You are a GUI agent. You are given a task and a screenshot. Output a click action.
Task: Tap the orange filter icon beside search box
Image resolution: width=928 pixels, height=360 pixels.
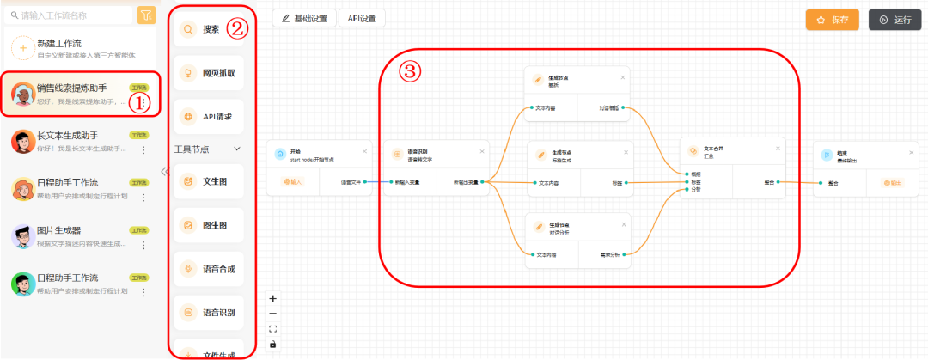point(146,15)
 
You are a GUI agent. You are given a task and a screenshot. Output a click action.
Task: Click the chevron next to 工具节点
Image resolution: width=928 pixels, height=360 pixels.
point(238,149)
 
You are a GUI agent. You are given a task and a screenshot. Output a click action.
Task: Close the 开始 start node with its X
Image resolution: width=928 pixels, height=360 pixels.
point(364,152)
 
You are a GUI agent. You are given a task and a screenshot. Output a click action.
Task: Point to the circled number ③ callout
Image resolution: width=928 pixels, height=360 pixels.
point(412,72)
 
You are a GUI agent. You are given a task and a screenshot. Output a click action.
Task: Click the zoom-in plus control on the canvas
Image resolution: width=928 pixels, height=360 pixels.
point(273,299)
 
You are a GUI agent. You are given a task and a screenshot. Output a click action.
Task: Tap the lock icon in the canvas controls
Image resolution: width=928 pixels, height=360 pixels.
point(273,344)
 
